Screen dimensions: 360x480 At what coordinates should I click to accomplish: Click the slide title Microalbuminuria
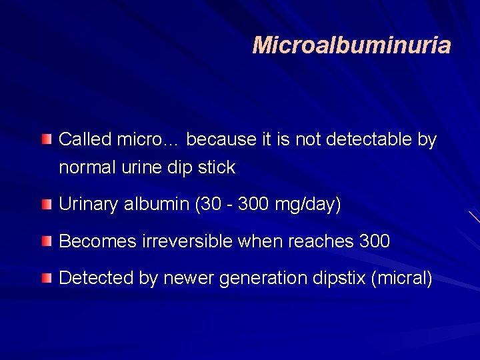point(351,45)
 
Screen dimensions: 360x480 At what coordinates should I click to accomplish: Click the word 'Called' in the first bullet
point(85,139)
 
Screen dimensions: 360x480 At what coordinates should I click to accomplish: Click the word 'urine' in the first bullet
point(138,167)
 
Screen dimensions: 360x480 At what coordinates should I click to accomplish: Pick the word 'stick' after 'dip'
point(217,167)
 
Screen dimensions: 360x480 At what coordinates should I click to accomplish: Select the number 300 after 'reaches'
point(374,241)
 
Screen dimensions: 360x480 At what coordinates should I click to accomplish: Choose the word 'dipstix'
point(339,278)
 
